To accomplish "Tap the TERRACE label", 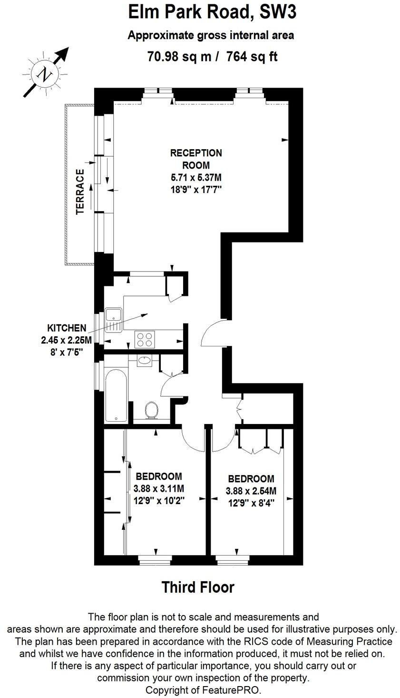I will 80,192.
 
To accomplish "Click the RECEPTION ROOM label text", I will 196,159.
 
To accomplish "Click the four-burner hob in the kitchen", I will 145,339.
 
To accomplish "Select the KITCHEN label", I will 67,328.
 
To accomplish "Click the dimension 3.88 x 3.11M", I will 158,488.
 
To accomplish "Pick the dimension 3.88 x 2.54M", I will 251,491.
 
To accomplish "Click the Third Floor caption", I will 198,587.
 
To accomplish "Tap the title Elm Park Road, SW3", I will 212,13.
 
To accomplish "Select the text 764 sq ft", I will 252,57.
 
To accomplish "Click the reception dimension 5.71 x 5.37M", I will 196,178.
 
